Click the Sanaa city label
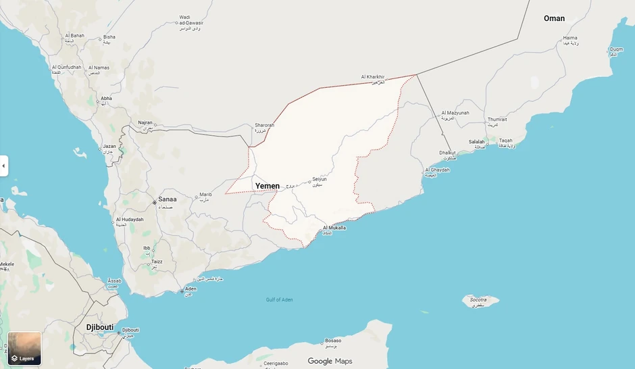(167, 200)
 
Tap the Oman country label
(554, 18)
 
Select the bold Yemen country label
(267, 186)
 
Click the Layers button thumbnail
(24, 348)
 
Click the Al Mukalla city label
(334, 228)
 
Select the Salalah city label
(477, 142)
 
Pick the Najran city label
(145, 124)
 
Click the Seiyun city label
(320, 179)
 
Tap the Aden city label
(190, 289)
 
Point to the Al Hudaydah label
(130, 220)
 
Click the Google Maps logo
(330, 361)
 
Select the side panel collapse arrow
(3, 166)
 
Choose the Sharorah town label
(264, 125)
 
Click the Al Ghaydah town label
(437, 170)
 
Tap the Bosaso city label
(333, 341)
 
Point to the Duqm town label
(616, 49)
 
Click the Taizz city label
(156, 262)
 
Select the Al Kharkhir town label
(373, 77)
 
